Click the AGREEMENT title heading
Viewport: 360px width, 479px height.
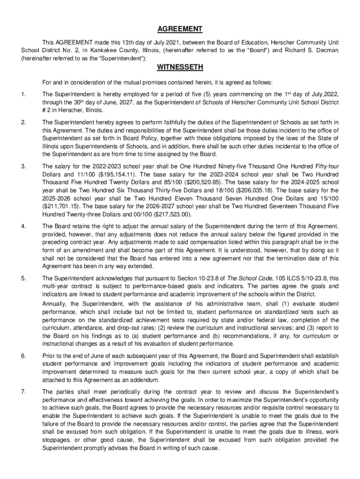pos(180,29)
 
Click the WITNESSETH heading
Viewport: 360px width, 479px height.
pos(180,67)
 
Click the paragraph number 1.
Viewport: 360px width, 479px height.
pos(23,95)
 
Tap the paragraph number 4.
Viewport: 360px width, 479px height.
pos(23,227)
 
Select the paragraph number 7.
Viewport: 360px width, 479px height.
pos(23,392)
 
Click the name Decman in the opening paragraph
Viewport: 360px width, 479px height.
pos(326,50)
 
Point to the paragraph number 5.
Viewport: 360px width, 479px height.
pos(23,279)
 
